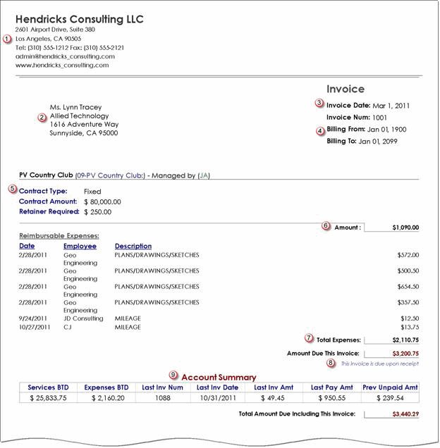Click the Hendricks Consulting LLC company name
pos(79,18)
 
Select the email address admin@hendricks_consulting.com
pos(65,56)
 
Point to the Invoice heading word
pos(346,89)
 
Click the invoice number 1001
pos(379,117)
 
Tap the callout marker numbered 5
pos(13,189)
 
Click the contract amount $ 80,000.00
pos(107,201)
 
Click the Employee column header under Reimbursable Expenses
pos(80,246)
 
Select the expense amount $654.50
pos(408,287)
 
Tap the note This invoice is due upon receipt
pos(379,363)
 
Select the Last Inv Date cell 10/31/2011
pos(217,398)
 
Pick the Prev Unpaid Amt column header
pos(390,387)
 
